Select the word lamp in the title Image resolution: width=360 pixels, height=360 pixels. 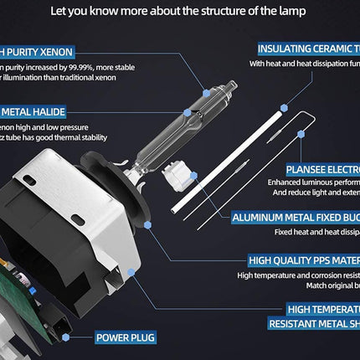click(x=291, y=12)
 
